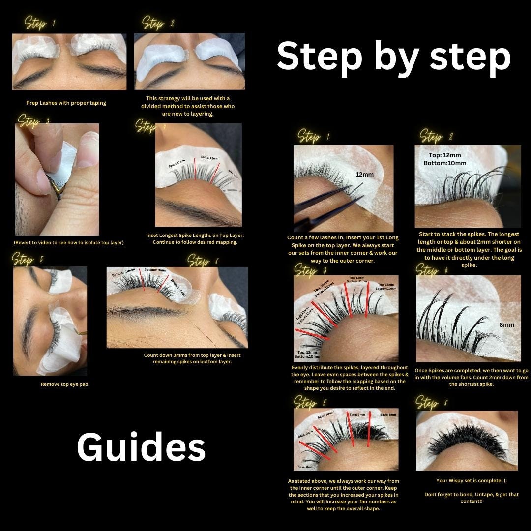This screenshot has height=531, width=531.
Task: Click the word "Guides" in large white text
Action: click(x=141, y=447)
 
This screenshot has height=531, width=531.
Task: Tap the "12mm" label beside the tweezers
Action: click(x=365, y=175)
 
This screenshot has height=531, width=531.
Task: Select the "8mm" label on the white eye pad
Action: click(x=507, y=324)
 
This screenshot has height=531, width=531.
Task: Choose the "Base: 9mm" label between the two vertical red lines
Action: click(x=357, y=415)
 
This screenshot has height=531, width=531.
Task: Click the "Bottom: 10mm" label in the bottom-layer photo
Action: click(x=123, y=272)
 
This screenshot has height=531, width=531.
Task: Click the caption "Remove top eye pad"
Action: click(x=64, y=384)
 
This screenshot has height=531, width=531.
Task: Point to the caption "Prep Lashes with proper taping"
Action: click(x=66, y=103)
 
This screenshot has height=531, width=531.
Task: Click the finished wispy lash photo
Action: click(x=467, y=440)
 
